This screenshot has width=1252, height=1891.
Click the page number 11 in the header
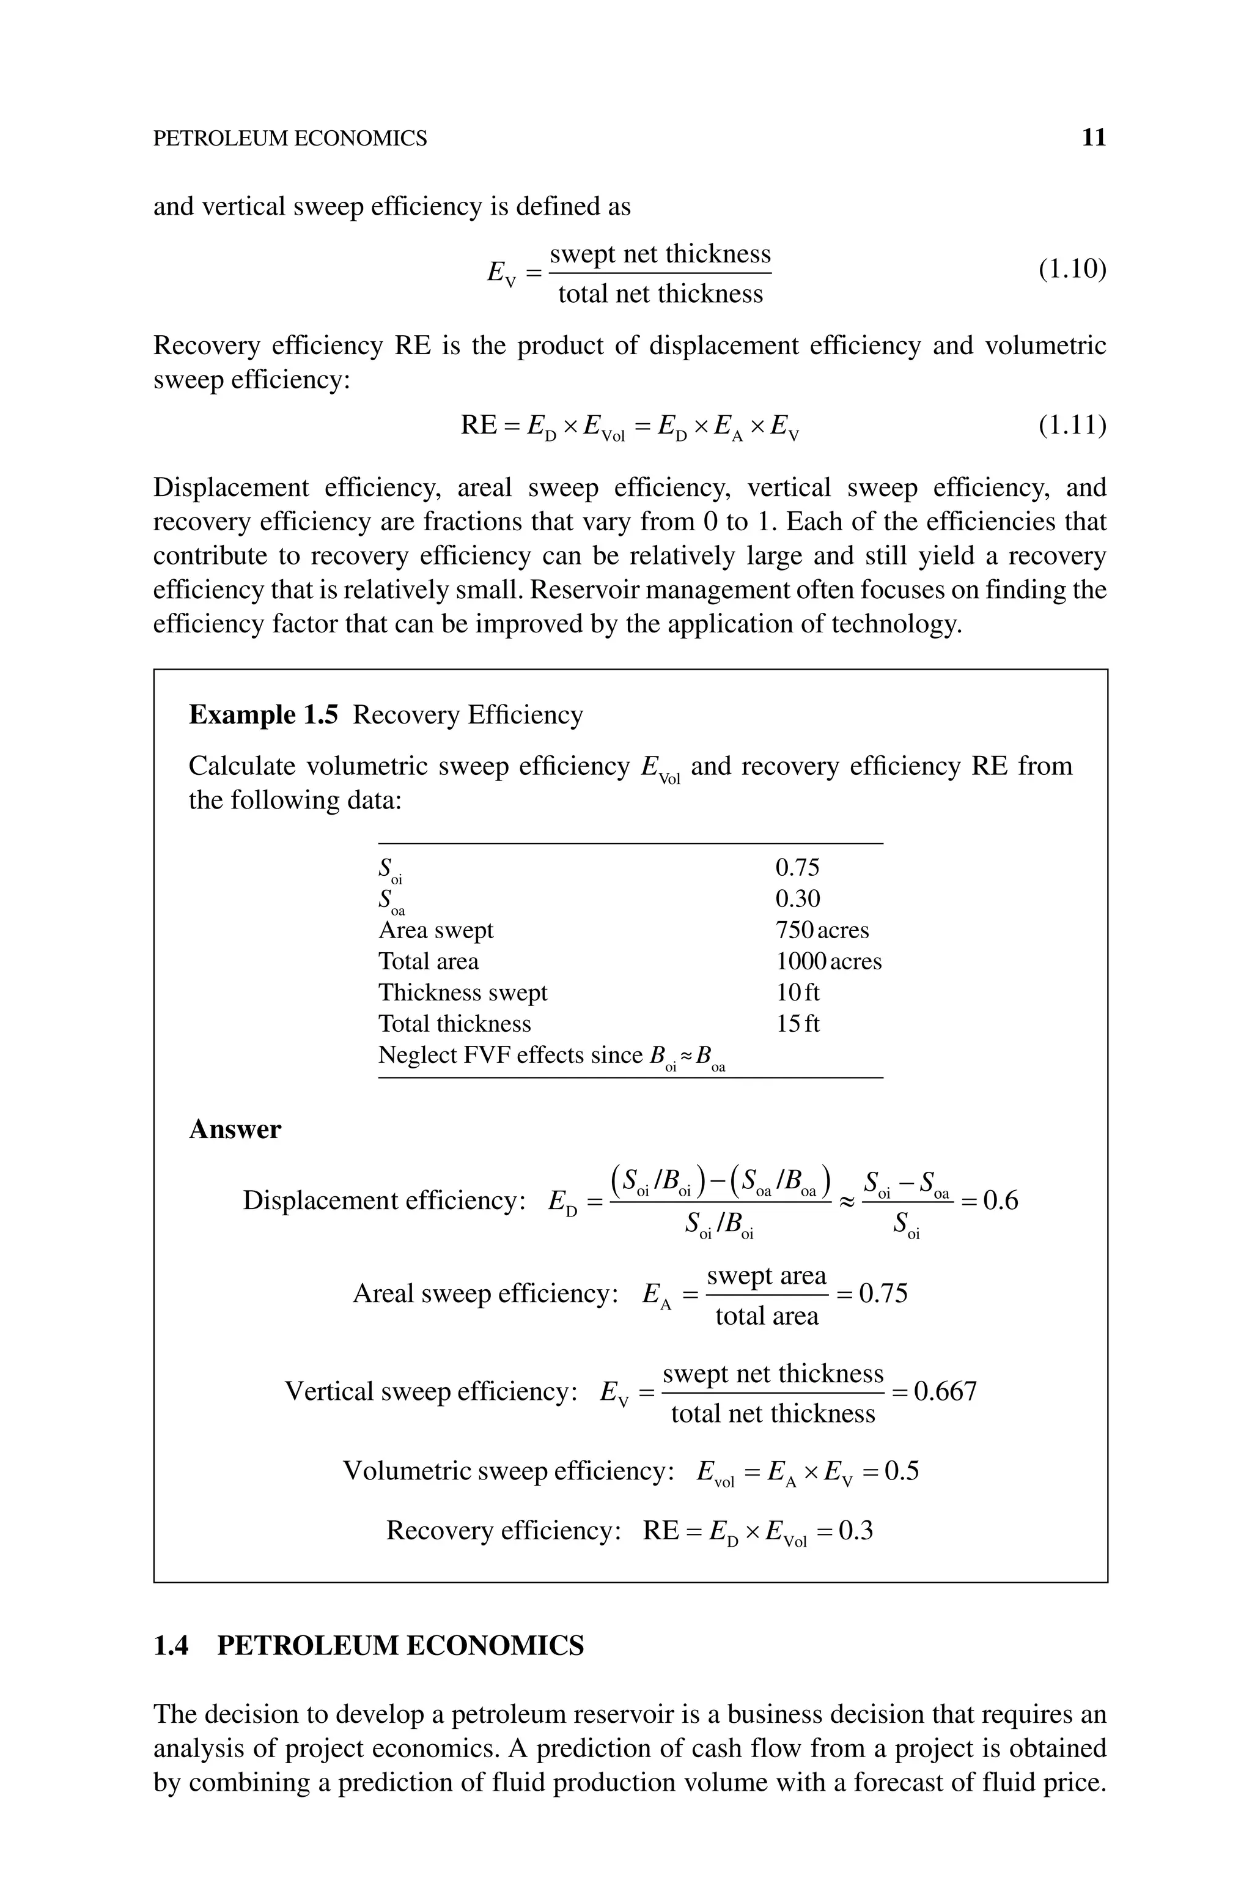[1093, 138]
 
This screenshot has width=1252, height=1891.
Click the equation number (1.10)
[1072, 270]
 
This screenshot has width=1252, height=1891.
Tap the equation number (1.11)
[1072, 425]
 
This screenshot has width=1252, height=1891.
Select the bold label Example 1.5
[263, 715]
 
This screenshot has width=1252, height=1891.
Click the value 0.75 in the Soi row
[797, 868]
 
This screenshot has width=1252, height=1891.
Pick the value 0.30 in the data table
[797, 899]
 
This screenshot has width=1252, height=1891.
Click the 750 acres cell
[822, 930]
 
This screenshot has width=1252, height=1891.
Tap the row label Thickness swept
[462, 993]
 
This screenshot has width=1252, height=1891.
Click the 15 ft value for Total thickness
[797, 1024]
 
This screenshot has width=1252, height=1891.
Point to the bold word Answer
[235, 1130]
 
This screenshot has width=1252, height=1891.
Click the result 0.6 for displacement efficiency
[1000, 1201]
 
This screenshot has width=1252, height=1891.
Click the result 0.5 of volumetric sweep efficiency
[902, 1471]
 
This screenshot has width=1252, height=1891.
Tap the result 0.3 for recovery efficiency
[856, 1531]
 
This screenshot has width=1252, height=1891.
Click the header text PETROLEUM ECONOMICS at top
[290, 139]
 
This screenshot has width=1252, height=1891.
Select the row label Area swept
[435, 930]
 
